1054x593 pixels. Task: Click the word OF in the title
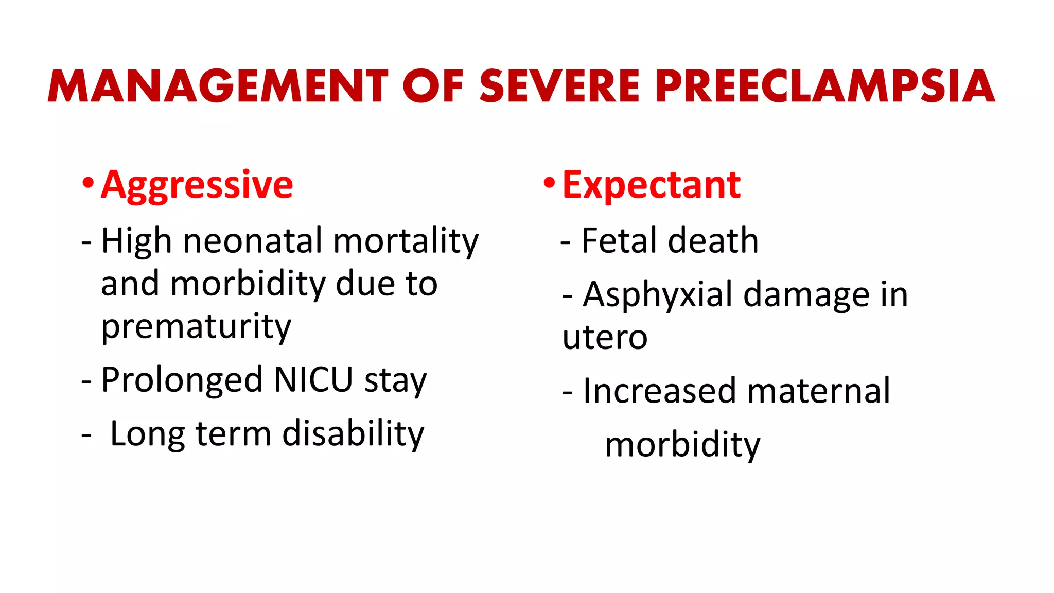(433, 86)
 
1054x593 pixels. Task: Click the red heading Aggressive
(197, 185)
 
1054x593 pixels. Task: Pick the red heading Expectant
(651, 185)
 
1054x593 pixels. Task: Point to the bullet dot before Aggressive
(88, 183)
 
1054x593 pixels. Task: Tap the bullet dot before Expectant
(550, 183)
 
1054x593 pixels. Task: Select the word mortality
(406, 242)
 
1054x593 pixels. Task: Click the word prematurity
(196, 327)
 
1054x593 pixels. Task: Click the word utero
(605, 338)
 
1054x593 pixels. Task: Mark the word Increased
(659, 391)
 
